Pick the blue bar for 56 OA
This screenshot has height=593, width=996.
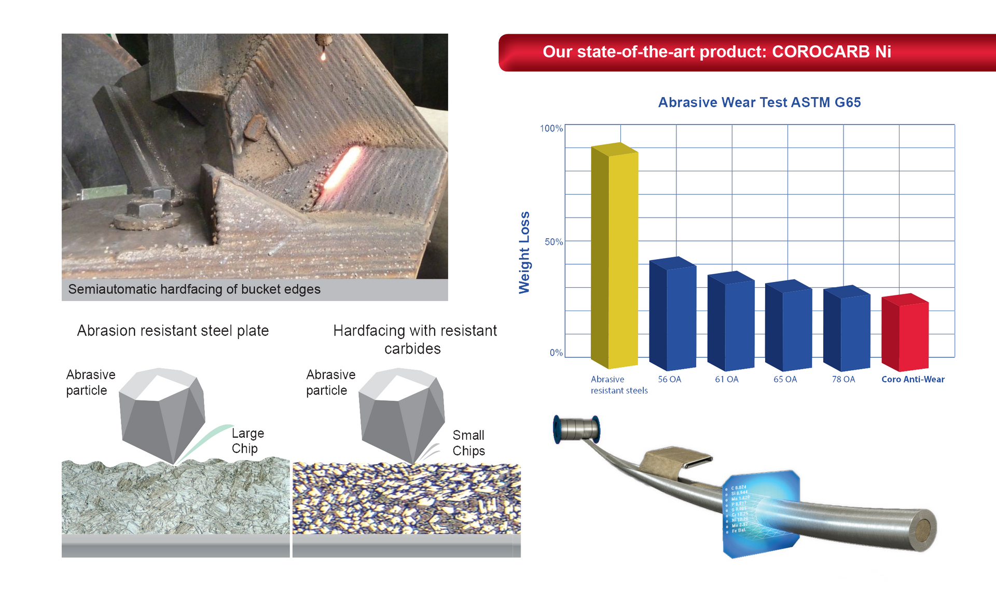click(673, 314)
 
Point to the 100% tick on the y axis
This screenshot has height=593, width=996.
click(551, 128)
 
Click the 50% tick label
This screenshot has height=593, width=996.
click(554, 242)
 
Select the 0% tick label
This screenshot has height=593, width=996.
click(556, 353)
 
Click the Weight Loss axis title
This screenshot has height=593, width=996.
click(524, 252)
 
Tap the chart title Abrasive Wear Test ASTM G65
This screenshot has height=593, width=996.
click(759, 102)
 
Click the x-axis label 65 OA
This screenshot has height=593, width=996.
click(785, 380)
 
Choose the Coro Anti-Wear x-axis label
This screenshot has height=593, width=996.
click(913, 380)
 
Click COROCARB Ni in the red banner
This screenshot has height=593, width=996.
click(831, 52)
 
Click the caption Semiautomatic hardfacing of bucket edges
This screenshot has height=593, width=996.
click(194, 289)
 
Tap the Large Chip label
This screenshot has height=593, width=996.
click(247, 441)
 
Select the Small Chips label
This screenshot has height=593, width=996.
click(468, 443)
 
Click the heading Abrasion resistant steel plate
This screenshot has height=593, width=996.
click(173, 331)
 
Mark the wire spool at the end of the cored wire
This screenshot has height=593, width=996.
click(577, 429)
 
